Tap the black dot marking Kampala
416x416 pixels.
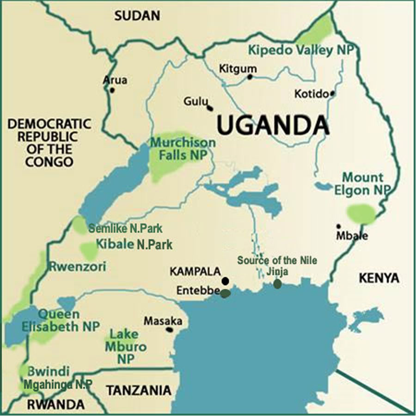[225, 281]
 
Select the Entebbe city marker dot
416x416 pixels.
[225, 293]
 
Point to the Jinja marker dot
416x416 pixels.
[277, 284]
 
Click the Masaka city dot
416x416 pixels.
[170, 330]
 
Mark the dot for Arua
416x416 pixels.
[111, 90]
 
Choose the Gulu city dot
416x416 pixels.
[210, 108]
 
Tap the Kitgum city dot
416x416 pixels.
[250, 77]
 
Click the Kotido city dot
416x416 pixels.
[332, 93]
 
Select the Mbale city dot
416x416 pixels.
[338, 226]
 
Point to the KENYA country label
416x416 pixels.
[379, 278]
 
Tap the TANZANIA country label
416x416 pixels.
[139, 390]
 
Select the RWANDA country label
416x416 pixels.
[55, 404]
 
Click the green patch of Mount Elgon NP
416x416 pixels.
[361, 213]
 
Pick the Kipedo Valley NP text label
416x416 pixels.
[297, 50]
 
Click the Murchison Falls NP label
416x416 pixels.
[183, 148]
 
